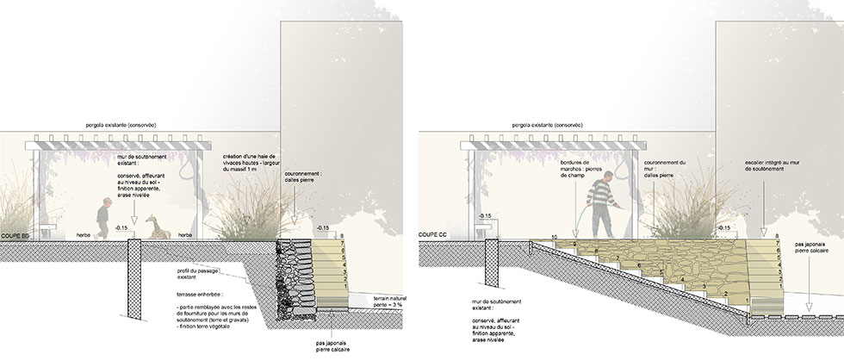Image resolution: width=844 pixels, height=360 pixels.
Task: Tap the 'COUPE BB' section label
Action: [16, 233]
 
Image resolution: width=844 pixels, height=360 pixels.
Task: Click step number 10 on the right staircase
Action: [555, 236]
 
